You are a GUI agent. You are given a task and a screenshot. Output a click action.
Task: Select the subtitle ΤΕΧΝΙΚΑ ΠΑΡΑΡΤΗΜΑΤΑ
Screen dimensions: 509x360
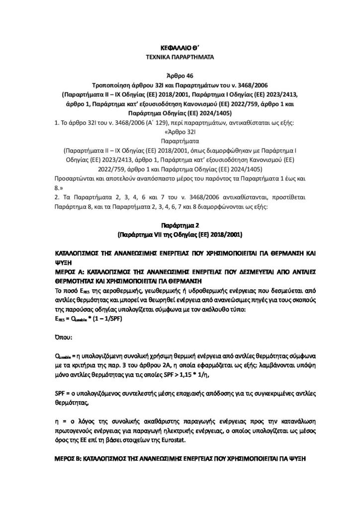pyautogui.click(x=180, y=58)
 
